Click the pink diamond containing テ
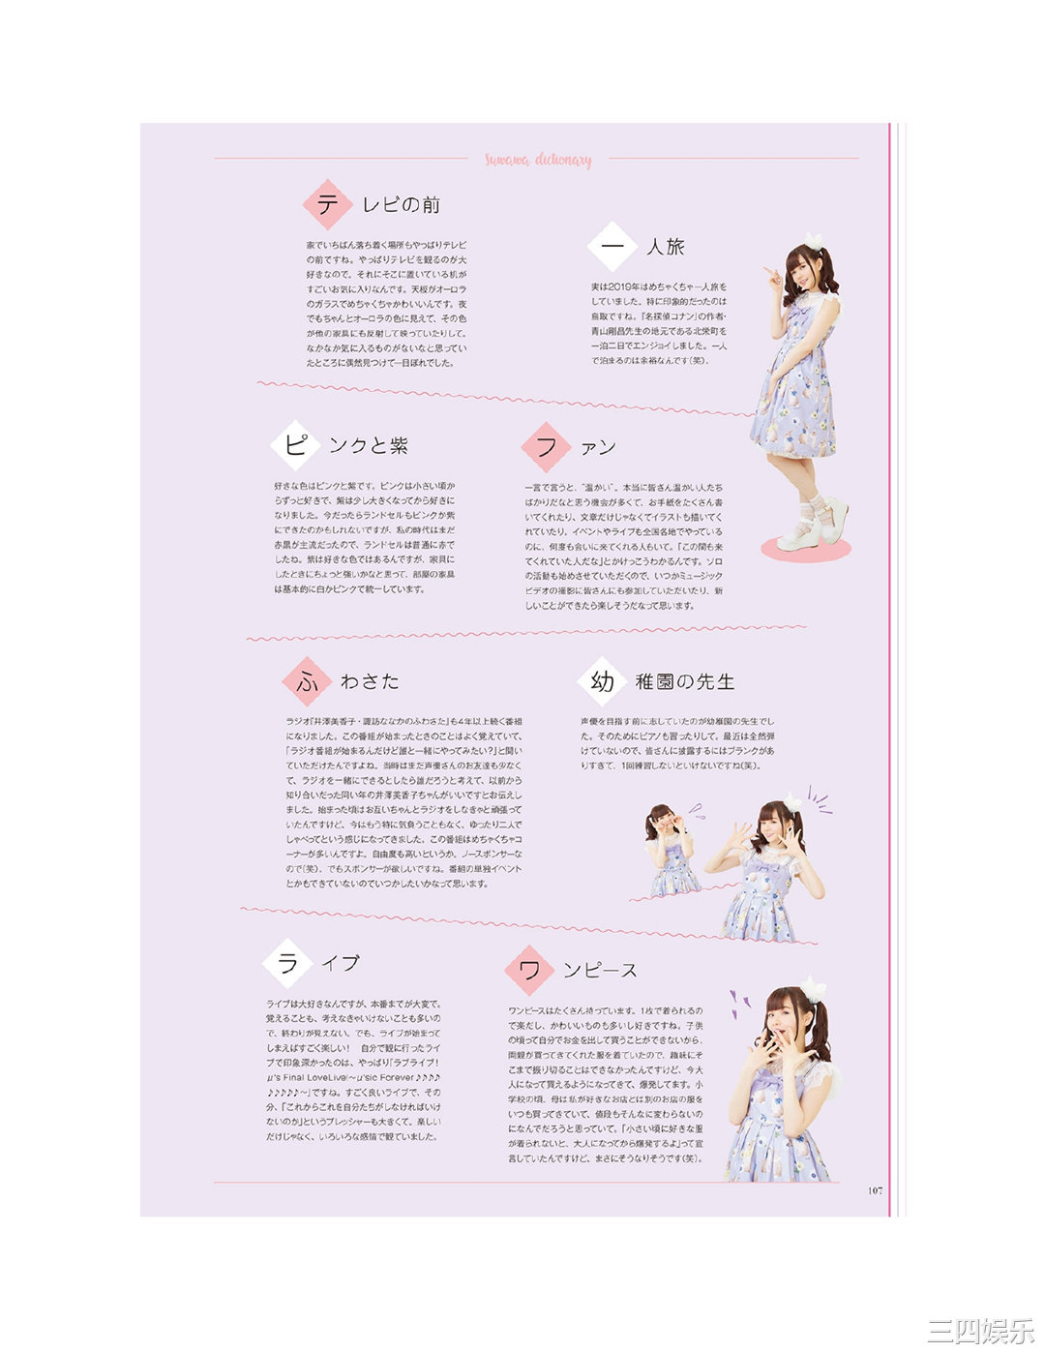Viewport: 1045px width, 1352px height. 326,204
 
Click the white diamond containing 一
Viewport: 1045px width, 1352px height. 611,247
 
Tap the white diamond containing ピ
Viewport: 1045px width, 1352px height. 294,445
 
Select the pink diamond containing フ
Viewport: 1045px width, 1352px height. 545,446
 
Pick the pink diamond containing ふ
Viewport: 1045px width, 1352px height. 307,681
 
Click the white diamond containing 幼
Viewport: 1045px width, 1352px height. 601,681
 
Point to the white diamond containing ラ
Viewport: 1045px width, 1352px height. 287,963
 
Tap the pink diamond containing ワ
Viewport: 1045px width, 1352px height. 529,970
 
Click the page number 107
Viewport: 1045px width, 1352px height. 875,1190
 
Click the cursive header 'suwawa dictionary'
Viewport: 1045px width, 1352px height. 538,160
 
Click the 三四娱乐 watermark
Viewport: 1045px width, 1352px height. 980,1330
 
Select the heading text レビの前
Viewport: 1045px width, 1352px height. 401,205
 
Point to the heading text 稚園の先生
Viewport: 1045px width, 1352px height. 685,682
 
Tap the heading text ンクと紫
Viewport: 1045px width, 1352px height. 369,446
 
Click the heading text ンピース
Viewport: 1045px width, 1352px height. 601,971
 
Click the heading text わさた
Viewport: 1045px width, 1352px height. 370,682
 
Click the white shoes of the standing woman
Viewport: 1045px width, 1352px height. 813,524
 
